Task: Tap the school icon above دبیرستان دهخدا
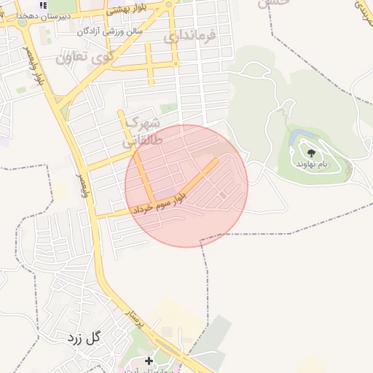pos(43,5)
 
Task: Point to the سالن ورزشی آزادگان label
pos(109,32)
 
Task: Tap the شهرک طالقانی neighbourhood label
pos(142,131)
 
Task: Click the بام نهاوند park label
pos(311,164)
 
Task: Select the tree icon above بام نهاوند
pos(311,153)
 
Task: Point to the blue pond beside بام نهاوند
pos(295,138)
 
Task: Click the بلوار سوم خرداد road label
pos(162,205)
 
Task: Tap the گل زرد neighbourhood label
pos(85,338)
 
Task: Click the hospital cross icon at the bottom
pos(149,361)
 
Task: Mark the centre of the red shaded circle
pos(186,186)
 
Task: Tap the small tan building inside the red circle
pos(222,195)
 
